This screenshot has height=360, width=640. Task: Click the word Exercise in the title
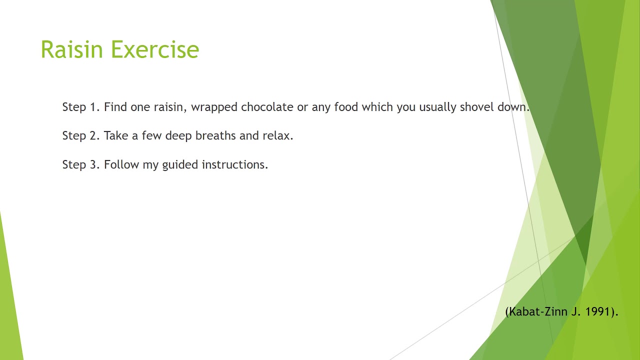coord(155,50)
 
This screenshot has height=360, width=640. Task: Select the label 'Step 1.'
coord(81,107)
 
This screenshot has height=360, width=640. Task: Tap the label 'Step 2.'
coord(81,135)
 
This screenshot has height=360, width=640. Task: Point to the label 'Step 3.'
coord(81,164)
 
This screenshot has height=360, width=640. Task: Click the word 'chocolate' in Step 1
coord(267,107)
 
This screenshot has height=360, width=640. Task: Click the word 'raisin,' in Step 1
coord(170,107)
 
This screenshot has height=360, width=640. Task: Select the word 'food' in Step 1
coord(346,107)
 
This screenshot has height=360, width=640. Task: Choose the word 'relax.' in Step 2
coord(278,135)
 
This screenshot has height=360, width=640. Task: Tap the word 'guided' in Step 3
coord(180,165)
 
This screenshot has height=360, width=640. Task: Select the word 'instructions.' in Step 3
coord(235,164)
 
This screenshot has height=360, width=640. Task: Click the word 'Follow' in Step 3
coord(121,164)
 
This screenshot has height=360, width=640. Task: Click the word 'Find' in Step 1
coord(115,107)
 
